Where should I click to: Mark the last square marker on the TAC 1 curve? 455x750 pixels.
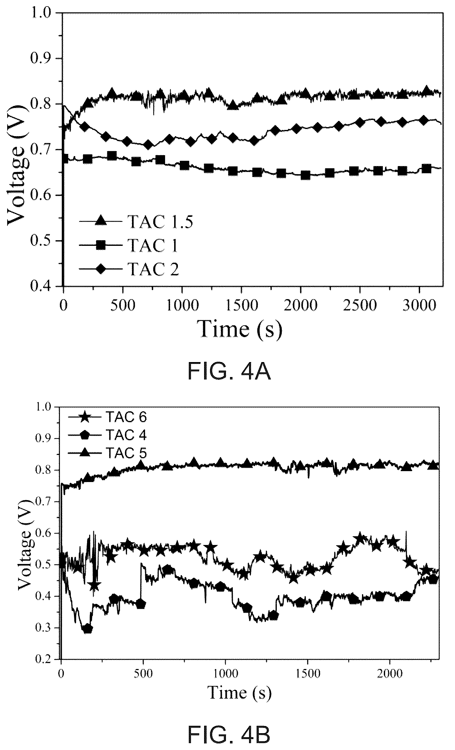click(x=426, y=169)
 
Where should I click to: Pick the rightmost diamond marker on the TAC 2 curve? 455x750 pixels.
click(x=423, y=120)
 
